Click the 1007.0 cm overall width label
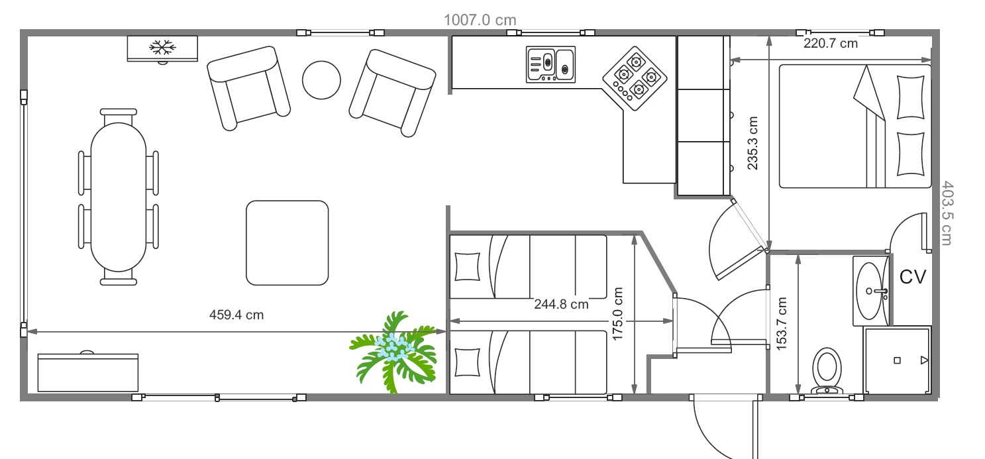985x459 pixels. [480, 20]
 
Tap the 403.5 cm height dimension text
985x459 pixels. [947, 213]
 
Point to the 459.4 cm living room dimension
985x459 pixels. [236, 315]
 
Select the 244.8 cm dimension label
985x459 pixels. [561, 304]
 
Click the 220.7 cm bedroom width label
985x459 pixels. [831, 44]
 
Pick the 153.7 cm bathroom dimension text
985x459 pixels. [782, 324]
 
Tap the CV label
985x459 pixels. [913, 277]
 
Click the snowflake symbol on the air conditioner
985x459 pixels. [163, 47]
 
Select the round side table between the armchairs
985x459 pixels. [321, 80]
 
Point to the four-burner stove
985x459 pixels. [635, 78]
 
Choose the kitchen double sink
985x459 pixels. [550, 65]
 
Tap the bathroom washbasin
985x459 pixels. [870, 291]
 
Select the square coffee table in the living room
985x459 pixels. [287, 242]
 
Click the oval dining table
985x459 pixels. [119, 197]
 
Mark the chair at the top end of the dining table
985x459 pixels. [119, 117]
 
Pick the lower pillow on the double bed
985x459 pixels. [911, 154]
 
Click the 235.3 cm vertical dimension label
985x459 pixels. [752, 143]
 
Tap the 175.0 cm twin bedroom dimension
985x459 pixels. [618, 314]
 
